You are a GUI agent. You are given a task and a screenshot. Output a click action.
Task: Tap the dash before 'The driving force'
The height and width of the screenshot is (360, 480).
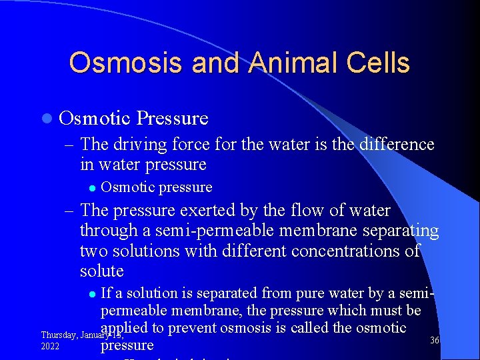[x=69, y=145]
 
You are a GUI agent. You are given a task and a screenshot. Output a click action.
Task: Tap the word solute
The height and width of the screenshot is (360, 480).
[x=102, y=271]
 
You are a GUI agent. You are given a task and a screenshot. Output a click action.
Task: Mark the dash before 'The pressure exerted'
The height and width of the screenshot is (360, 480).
[x=69, y=211]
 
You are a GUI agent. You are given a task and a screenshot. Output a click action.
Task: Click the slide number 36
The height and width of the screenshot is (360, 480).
[x=435, y=340]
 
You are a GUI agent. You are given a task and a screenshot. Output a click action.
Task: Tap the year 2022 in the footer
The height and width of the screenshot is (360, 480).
[x=51, y=347]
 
